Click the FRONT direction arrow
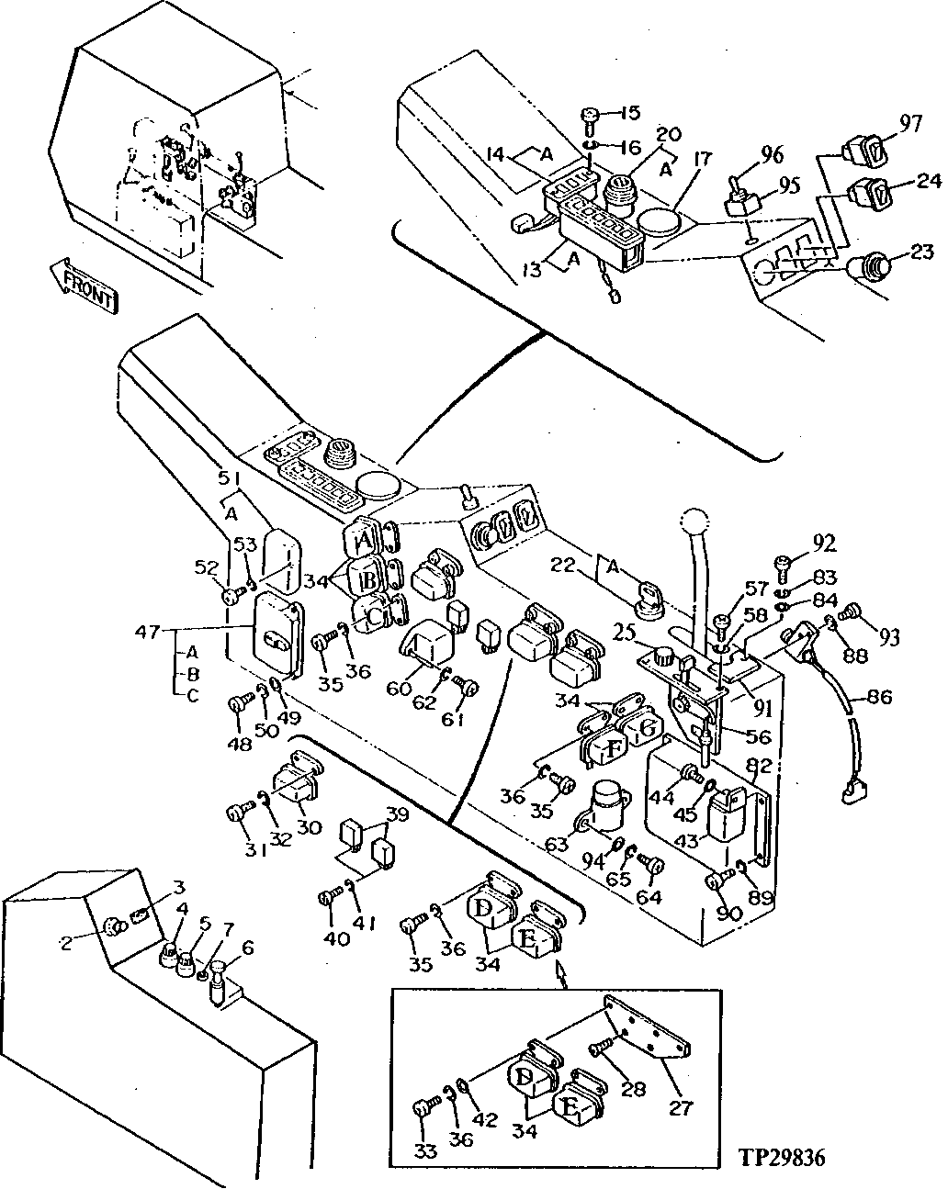coord(84,286)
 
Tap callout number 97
coord(910,124)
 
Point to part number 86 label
coord(879,699)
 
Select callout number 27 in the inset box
coord(681,1108)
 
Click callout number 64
coord(649,896)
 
